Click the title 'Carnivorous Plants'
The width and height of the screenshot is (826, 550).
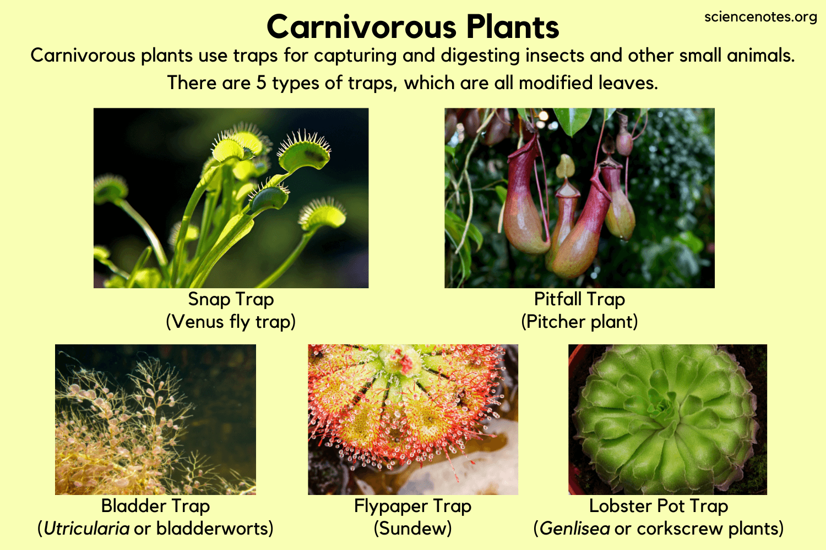click(412, 28)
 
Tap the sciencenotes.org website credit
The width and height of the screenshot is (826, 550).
click(760, 17)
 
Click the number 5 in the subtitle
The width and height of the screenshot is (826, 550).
click(262, 83)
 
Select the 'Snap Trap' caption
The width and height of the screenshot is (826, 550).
click(231, 299)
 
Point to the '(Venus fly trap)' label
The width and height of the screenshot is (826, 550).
click(231, 322)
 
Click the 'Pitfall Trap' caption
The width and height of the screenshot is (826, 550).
click(579, 299)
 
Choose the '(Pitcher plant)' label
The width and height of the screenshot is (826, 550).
click(579, 322)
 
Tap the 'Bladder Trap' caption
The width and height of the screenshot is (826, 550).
click(155, 506)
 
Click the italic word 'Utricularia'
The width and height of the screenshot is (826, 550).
click(86, 529)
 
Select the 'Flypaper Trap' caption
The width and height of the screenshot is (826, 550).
click(412, 506)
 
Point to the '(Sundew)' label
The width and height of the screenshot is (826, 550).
click(412, 529)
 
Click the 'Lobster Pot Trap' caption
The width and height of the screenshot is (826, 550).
click(658, 506)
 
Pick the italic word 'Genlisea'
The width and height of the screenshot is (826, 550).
click(575, 529)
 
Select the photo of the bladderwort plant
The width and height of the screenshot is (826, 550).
click(155, 419)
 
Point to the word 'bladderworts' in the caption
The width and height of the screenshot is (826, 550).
click(215, 529)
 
